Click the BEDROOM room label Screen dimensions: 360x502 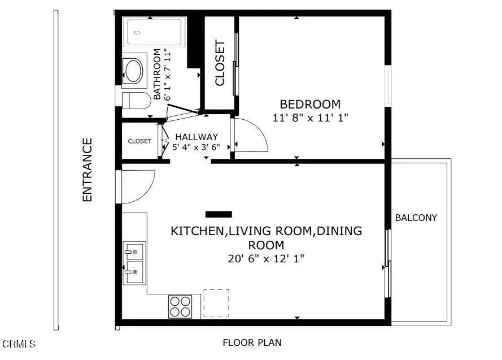click(x=310, y=105)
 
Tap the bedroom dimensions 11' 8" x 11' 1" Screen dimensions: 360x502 click(x=310, y=118)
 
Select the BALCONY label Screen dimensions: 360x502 click(x=416, y=218)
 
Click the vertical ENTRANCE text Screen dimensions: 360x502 click(x=87, y=170)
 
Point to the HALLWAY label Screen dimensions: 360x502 click(x=196, y=137)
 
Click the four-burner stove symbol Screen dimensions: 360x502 click(x=180, y=306)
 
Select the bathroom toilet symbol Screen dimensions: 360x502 click(x=136, y=101)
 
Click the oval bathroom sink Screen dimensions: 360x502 click(x=134, y=71)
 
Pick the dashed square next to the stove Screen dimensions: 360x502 click(x=216, y=303)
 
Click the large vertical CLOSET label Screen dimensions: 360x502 click(x=220, y=63)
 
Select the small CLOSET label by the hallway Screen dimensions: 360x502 click(x=139, y=141)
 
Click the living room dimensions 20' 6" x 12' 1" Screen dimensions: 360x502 click(x=266, y=259)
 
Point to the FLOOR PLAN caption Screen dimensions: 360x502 click(x=252, y=342)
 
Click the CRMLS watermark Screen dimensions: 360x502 click(x=19, y=343)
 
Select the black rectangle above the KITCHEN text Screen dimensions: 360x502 click(x=219, y=214)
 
